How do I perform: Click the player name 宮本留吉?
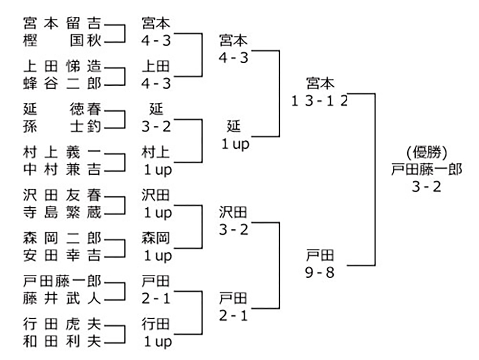pos(62,22)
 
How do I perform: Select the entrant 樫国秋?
pos(62,41)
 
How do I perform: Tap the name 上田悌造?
pos(62,65)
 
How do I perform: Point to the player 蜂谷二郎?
pos(62,84)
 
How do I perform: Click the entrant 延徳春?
pos(62,109)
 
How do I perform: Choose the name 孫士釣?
pos(62,127)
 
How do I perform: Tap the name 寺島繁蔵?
pos(62,213)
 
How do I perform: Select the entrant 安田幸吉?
pos(62,256)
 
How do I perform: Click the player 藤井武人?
pos(62,299)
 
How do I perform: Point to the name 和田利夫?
pos(62,342)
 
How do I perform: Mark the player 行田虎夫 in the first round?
pos(62,325)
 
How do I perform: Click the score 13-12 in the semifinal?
pos(319,101)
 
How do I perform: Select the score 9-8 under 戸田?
pos(319,272)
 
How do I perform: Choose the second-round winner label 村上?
pos(156,152)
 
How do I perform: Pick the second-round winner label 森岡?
pos(156,238)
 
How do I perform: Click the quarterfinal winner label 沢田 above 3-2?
pos(233,212)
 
